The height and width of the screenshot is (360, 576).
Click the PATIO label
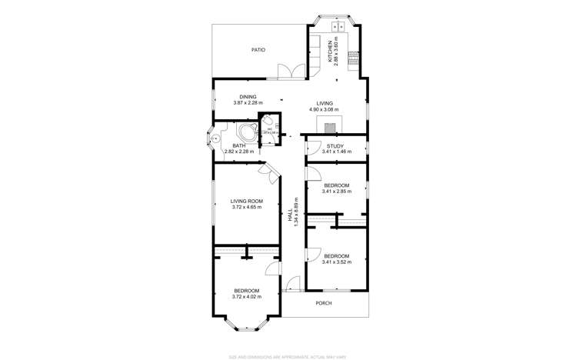click(x=258, y=50)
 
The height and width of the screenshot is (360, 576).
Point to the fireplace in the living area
click(x=330, y=128)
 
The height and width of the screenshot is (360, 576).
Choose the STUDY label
click(x=335, y=145)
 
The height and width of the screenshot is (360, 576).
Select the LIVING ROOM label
click(x=247, y=201)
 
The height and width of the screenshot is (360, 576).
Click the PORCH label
click(x=324, y=303)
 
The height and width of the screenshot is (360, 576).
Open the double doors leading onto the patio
click(x=291, y=72)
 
